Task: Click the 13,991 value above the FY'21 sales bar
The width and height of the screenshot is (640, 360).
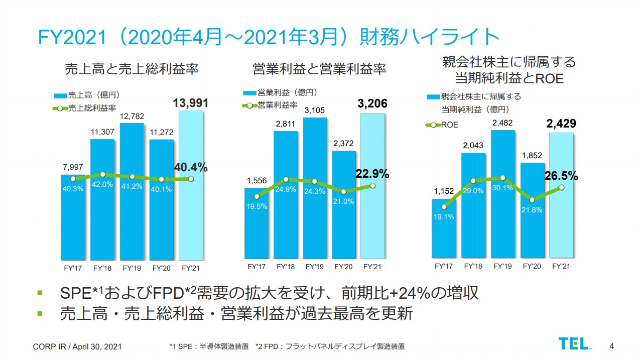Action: click(x=191, y=103)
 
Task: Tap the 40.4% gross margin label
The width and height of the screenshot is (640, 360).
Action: click(x=191, y=167)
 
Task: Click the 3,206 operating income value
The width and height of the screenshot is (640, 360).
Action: click(x=372, y=104)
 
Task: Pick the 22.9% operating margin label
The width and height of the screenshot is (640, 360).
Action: click(x=372, y=174)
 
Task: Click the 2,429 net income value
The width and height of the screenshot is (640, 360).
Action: click(x=561, y=124)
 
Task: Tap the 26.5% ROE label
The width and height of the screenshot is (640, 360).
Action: click(x=561, y=176)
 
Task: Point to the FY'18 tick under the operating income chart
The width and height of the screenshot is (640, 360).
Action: click(x=286, y=267)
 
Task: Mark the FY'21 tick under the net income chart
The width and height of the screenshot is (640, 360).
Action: click(x=561, y=266)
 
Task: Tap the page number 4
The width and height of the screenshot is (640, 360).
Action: click(x=611, y=345)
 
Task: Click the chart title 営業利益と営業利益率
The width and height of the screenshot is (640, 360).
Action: click(x=319, y=69)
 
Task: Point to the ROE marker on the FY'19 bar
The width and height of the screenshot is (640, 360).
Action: click(x=502, y=178)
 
